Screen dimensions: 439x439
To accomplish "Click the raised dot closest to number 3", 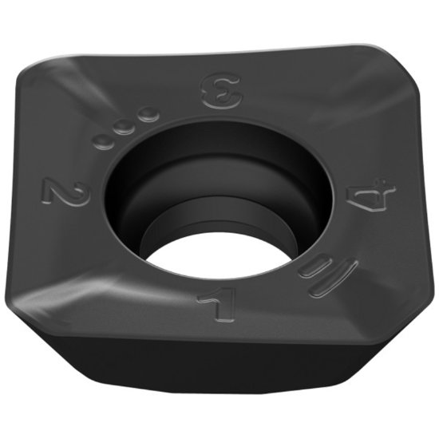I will click(x=148, y=117).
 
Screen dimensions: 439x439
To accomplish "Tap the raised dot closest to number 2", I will click(x=103, y=140).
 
